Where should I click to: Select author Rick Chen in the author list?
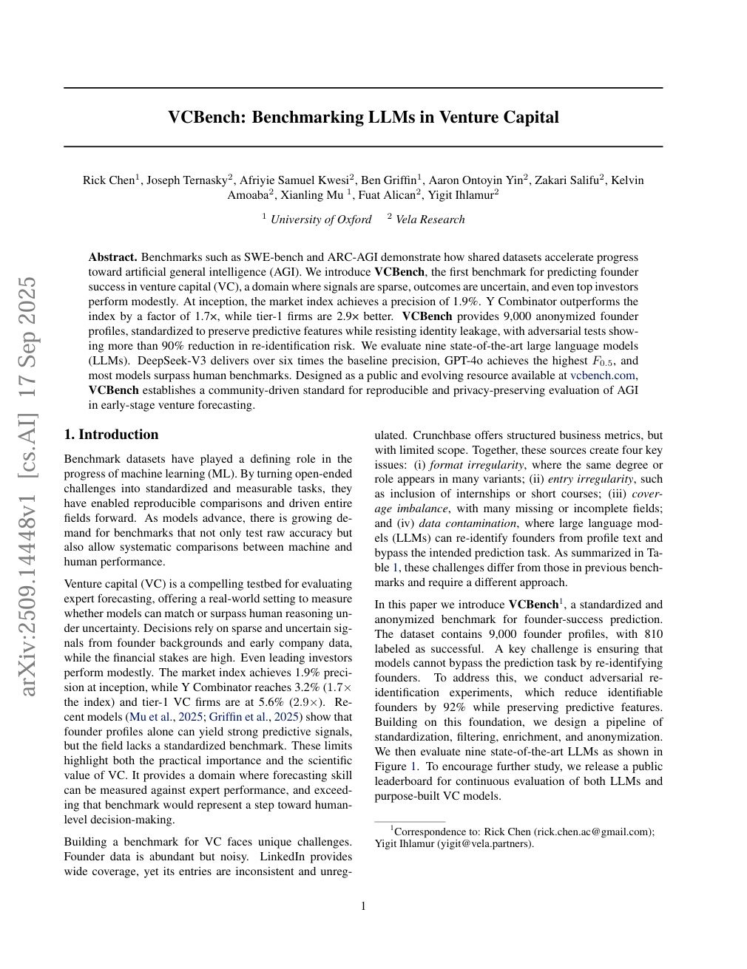pyautogui.click(x=108, y=180)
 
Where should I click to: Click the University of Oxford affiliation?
pyautogui.click(x=320, y=220)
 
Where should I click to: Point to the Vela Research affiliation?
pyautogui.click(x=430, y=220)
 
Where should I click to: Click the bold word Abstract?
pyautogui.click(x=112, y=257)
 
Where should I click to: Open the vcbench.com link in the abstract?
pyautogui.click(x=602, y=375)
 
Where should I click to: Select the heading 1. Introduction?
pyautogui.click(x=111, y=435)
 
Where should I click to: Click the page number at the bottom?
pyautogui.click(x=363, y=906)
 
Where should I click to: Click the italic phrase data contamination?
pyautogui.click(x=446, y=523)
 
